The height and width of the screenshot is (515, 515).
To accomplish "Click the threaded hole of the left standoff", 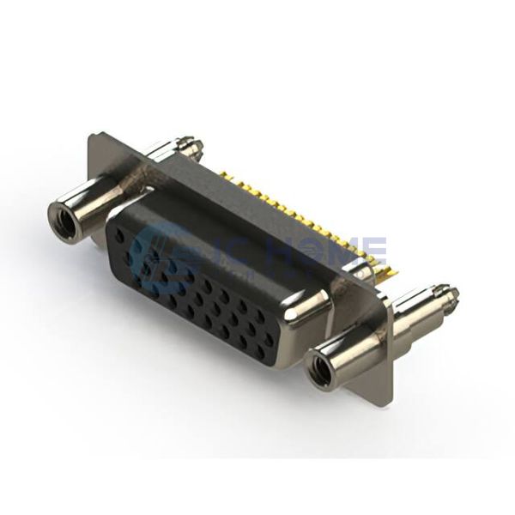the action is pos(64,218).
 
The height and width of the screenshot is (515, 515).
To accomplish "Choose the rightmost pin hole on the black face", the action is pos(270,339).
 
